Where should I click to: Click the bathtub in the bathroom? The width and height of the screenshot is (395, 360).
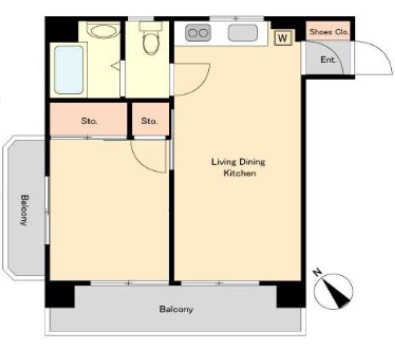[69, 70]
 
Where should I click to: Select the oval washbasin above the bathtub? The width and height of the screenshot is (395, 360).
[103, 32]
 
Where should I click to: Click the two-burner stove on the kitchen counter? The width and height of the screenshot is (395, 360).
[198, 33]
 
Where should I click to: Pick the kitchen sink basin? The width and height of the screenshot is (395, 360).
[243, 33]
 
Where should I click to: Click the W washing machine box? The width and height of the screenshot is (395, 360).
[283, 38]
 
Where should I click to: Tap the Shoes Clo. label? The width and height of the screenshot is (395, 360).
[329, 32]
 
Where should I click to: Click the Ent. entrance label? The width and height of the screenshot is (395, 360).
[328, 60]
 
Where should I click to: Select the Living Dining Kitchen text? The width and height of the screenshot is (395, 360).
[239, 167]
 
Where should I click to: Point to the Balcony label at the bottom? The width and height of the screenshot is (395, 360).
[176, 309]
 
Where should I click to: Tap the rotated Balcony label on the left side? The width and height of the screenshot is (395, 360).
[24, 210]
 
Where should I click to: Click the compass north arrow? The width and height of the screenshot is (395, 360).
[337, 292]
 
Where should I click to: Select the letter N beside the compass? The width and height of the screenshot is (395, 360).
[317, 273]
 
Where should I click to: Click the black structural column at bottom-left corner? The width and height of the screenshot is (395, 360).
[60, 294]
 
